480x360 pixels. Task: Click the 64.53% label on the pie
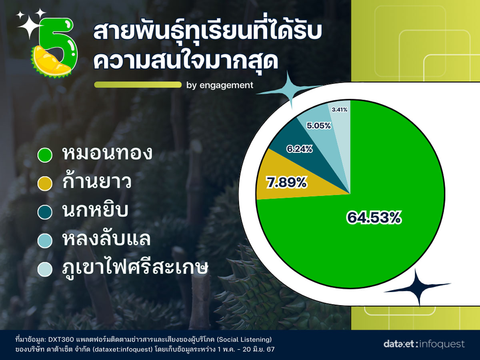[374, 218]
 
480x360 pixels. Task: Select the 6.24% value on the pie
[299, 149]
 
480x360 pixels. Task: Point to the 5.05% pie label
[319, 126]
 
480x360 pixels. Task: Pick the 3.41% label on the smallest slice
[339, 110]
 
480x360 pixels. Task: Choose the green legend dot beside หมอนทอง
[45, 155]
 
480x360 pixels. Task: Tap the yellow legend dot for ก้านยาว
[45, 183]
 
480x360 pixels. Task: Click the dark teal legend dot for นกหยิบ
[45, 212]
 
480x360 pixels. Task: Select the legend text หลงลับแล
[106, 239]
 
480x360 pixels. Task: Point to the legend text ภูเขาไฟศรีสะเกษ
[135, 267]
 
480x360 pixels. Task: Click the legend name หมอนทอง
[107, 153]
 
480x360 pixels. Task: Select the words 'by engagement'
[220, 85]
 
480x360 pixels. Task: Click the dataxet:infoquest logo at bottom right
[424, 344]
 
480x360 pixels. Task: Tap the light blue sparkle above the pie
[290, 90]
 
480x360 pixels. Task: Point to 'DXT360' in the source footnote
[61, 340]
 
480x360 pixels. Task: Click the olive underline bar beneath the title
[138, 85]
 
